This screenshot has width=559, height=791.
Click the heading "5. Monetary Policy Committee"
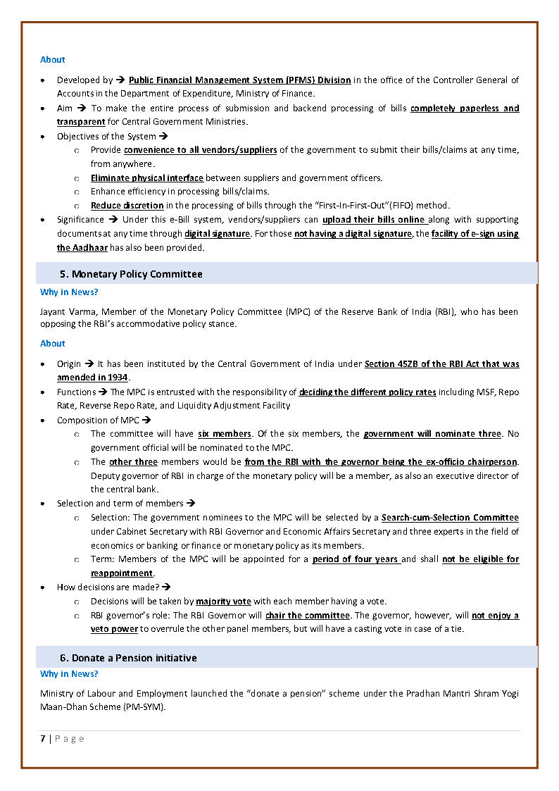130,274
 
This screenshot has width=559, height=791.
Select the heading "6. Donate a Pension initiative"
127,658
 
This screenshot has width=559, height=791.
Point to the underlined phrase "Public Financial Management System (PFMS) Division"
239,80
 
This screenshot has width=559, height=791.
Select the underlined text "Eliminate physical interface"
146,177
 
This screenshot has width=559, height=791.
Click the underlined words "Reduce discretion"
127,206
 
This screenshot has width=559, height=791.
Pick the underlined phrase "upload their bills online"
373,220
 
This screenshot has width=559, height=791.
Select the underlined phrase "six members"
224,434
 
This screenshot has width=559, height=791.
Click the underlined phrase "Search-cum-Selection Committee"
450,518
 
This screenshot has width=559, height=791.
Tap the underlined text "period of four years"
356,559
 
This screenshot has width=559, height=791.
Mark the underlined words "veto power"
114,629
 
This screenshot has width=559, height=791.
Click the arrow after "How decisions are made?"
167,587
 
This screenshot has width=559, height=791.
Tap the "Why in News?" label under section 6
69,674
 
